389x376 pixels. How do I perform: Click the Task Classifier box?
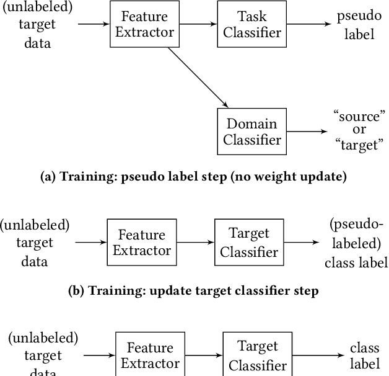point(251,25)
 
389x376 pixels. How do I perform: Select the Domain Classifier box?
point(251,132)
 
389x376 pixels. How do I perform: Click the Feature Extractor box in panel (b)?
point(142,243)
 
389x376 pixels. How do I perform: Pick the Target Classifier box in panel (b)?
point(249,243)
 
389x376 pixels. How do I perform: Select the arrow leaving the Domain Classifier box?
point(307,132)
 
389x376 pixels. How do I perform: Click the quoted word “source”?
point(359,116)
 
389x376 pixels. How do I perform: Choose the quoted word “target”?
point(359,146)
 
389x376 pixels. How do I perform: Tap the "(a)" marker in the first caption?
point(48,177)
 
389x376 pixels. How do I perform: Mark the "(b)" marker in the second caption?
point(76,291)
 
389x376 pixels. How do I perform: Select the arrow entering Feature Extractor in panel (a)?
point(93,25)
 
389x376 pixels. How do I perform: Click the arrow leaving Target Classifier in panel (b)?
point(302,243)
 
